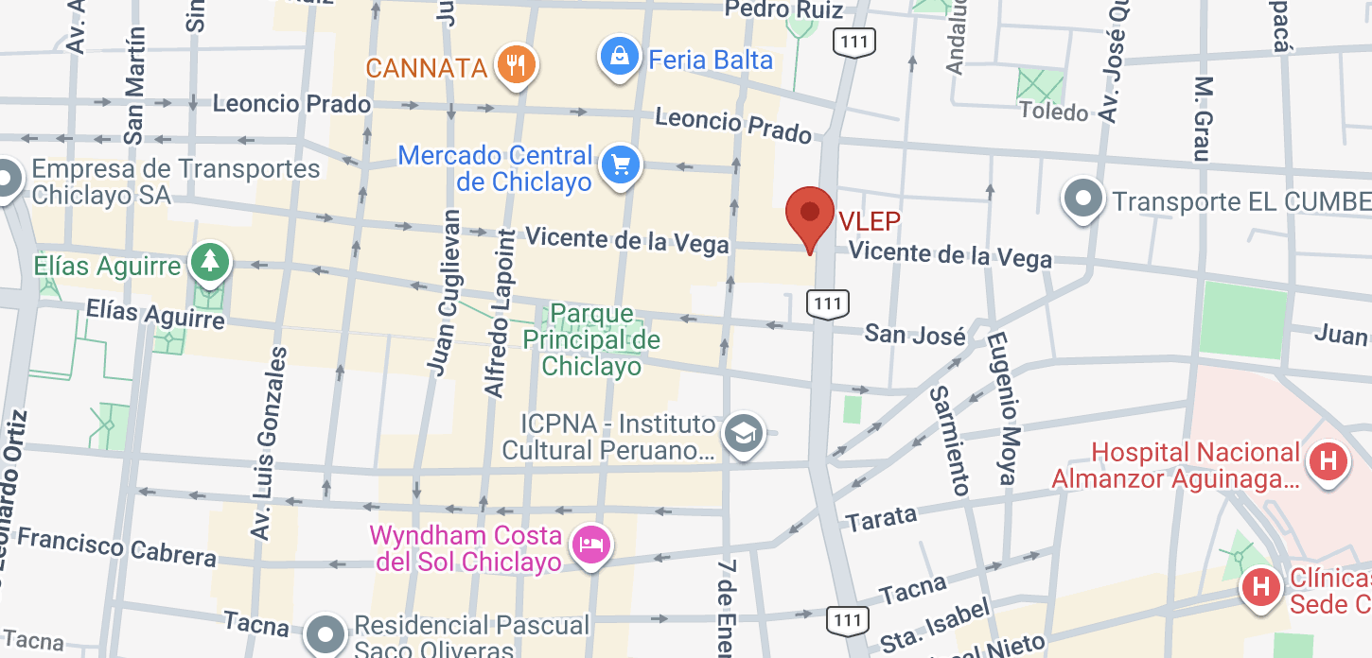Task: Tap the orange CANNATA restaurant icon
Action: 516,65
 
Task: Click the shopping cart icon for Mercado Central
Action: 621,166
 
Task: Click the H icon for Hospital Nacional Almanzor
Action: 1327,462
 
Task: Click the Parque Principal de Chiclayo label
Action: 591,339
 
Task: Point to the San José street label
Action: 915,335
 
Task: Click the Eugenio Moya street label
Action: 1002,407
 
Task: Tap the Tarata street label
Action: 882,517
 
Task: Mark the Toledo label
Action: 1054,113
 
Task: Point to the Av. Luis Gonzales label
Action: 268,443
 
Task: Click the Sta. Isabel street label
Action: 935,624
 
